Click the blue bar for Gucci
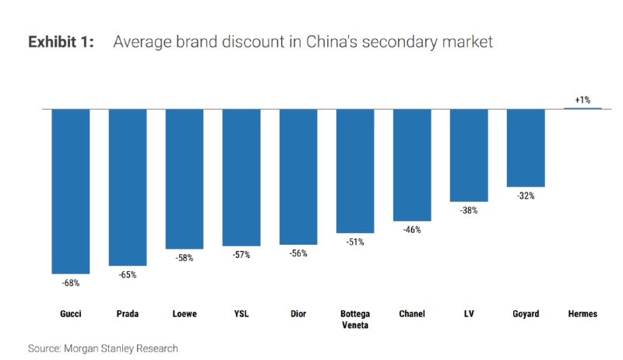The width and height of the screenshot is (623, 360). [x=70, y=191]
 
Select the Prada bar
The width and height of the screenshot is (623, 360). [x=128, y=187]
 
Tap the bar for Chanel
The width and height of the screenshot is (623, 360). [x=412, y=165]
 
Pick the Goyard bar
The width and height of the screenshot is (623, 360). [x=526, y=148]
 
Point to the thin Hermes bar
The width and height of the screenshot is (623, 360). [x=583, y=108]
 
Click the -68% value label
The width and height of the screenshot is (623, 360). [x=70, y=283]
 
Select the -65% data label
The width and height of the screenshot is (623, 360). [x=128, y=275]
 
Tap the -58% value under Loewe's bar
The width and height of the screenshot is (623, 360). [x=185, y=258]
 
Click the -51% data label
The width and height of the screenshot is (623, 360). [x=355, y=242]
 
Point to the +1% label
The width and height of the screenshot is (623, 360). [x=583, y=100]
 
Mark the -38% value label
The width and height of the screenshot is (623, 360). [x=469, y=210]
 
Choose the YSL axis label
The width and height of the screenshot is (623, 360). [x=241, y=314]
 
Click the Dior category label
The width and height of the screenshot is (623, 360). [x=298, y=314]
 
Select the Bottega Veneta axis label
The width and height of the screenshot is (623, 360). [x=355, y=319]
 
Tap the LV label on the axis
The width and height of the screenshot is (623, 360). [x=469, y=314]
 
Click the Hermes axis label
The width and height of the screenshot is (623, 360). [x=583, y=314]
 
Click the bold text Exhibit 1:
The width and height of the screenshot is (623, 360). [x=61, y=42]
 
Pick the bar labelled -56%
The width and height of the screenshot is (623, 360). [x=298, y=177]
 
